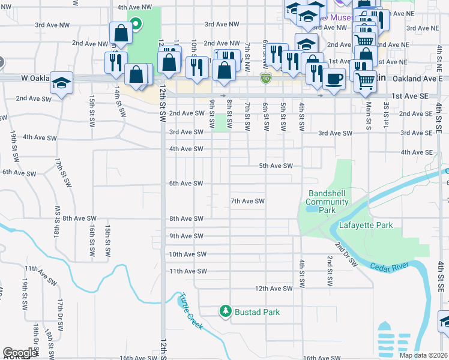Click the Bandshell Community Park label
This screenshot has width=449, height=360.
click(328, 202)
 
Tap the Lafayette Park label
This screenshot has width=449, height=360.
click(366, 226)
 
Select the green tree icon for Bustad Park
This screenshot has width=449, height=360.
click(225, 311)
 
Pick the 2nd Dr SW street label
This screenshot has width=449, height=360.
click(346, 254)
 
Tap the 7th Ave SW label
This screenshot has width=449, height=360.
click(248, 201)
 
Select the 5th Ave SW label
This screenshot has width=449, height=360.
click(276, 166)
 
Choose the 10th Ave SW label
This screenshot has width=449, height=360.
click(187, 254)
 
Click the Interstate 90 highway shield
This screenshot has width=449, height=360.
click(265, 78)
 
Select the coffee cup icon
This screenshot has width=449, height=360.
click(334, 78)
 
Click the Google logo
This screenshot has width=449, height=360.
click(20, 353)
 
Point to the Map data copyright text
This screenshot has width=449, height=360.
click(423, 355)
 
